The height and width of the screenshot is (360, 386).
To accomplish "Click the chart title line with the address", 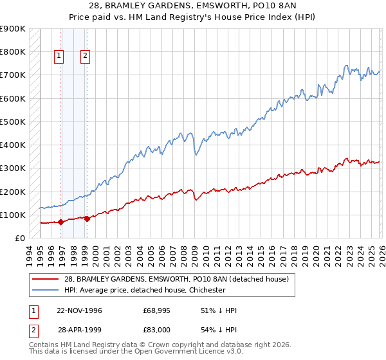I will tap(193, 6).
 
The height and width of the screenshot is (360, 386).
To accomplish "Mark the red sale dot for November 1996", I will tap(61, 222).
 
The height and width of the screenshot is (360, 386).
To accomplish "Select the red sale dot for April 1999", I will tap(87, 219).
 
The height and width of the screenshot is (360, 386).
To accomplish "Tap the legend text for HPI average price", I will tap(145, 290).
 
